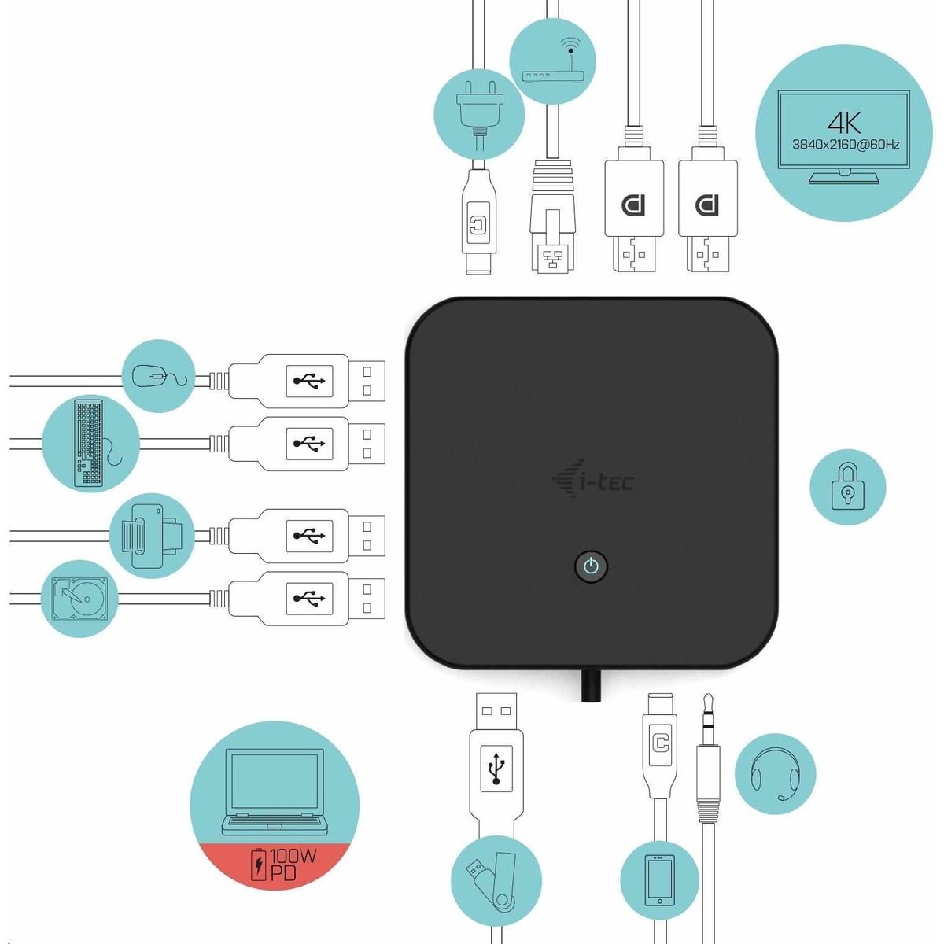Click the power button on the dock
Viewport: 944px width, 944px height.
coord(591,566)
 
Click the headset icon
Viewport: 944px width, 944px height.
coord(775,775)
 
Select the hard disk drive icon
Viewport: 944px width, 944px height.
coord(80,599)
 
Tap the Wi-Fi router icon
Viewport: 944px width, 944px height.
coord(553,63)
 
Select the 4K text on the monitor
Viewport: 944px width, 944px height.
coord(843,123)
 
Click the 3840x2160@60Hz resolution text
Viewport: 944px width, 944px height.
coord(845,145)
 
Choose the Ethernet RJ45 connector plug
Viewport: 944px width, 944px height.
coord(552,216)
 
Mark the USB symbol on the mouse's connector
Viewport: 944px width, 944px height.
coord(309,380)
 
